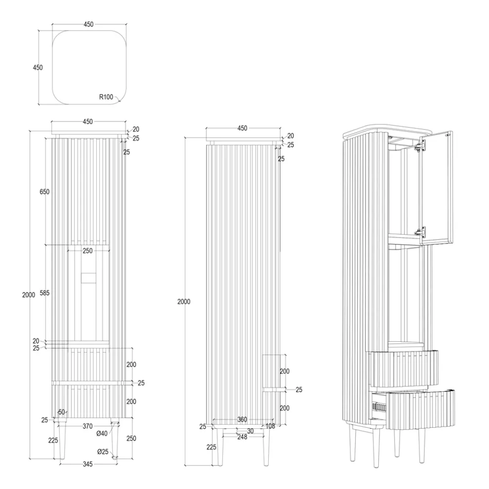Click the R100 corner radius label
click(x=106, y=97)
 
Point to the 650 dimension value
click(x=44, y=192)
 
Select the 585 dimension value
click(x=44, y=293)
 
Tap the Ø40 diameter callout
click(x=102, y=433)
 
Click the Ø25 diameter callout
click(x=103, y=451)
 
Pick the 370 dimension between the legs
click(x=87, y=426)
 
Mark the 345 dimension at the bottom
click(x=87, y=464)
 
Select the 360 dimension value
click(x=243, y=419)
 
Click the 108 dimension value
click(x=270, y=426)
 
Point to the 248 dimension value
click(x=243, y=437)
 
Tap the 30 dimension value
click(x=250, y=431)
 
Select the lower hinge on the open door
click(x=420, y=231)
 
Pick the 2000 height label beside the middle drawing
click(x=184, y=302)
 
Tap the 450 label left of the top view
click(x=38, y=67)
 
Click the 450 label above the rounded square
click(x=88, y=24)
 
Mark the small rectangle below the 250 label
click(x=88, y=278)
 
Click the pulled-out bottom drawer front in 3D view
click(x=420, y=409)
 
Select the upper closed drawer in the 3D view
click(x=403, y=369)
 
